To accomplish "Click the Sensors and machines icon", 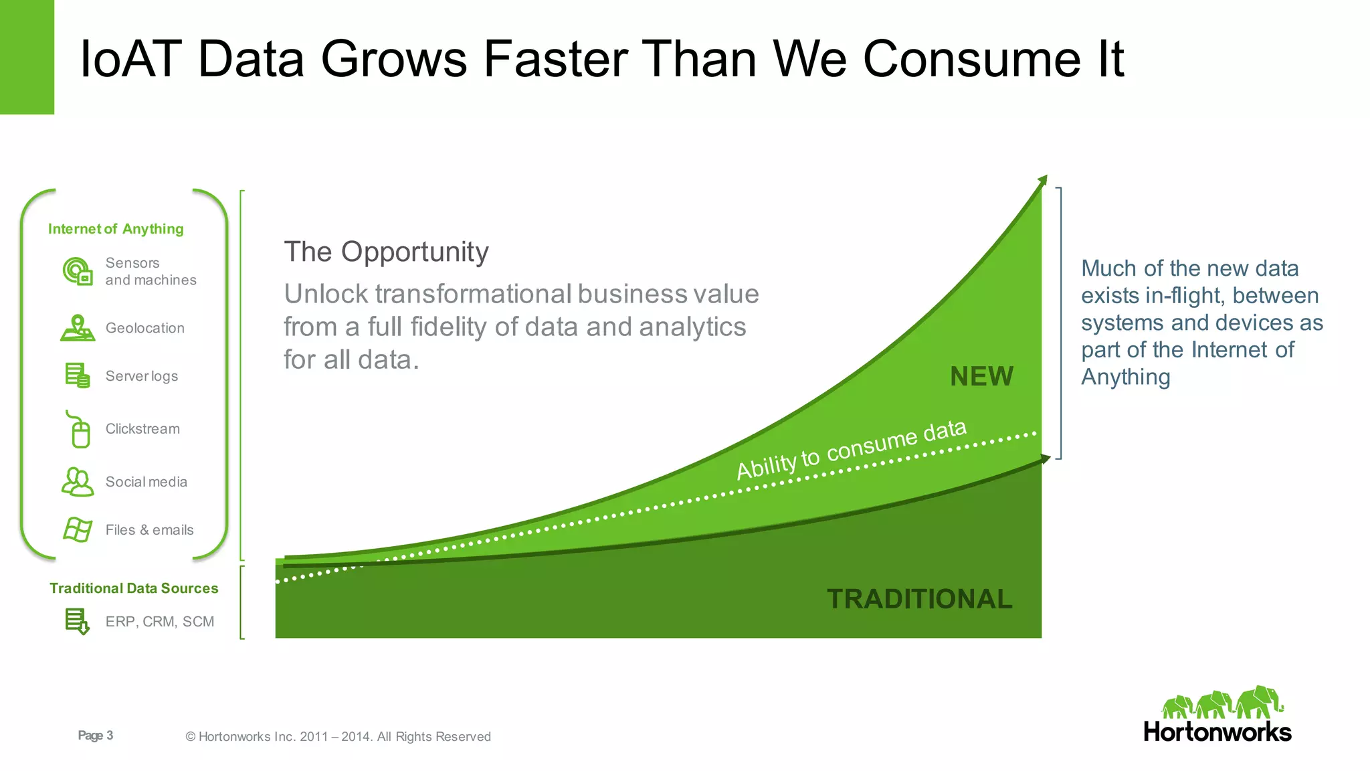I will click(x=78, y=271).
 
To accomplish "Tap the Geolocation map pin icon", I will click(x=78, y=328).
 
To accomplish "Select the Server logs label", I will click(x=142, y=376).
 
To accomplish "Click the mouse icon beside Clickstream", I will click(x=80, y=430).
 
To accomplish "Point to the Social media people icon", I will click(x=78, y=482).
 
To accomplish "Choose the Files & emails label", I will click(x=149, y=530).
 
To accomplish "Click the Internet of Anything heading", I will click(x=116, y=229).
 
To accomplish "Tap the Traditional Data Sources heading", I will click(x=134, y=588).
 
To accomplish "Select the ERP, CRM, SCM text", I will click(x=160, y=622).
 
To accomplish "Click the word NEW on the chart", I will click(x=981, y=376).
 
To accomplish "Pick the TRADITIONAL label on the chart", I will click(x=919, y=599).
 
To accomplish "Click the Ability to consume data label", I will click(x=851, y=449).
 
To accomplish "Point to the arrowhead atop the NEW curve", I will click(x=1042, y=180).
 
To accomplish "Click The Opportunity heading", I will click(x=386, y=252).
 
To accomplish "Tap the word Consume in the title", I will click(x=971, y=59).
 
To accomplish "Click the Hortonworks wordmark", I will click(x=1217, y=732).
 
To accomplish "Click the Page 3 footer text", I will click(x=96, y=736).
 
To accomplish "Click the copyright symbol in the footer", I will click(x=191, y=737).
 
